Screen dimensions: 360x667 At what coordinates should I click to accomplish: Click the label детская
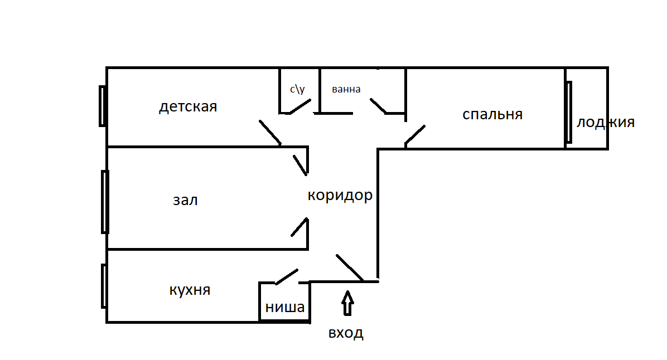(x=187, y=106)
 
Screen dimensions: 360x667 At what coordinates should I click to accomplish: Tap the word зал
(x=185, y=200)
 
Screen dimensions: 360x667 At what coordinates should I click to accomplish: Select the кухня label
(x=190, y=290)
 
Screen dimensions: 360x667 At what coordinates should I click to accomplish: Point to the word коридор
(x=340, y=196)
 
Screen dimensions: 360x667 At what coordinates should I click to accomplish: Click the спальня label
(x=492, y=114)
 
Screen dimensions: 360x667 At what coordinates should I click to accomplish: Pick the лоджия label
(x=605, y=123)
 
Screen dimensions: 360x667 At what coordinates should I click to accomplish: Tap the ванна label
(x=346, y=89)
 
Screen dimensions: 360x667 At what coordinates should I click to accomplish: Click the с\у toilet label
(x=297, y=89)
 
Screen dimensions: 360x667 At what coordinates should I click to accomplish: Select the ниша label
(x=284, y=307)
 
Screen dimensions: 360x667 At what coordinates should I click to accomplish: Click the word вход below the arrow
(x=346, y=333)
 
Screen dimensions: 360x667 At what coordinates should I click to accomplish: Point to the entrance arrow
(x=347, y=304)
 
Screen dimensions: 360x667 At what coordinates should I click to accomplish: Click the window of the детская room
(x=103, y=106)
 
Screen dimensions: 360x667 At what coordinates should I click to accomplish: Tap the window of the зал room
(x=104, y=201)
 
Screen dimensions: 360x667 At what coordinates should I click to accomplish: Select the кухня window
(x=104, y=286)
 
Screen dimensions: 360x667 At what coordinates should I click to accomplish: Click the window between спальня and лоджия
(x=568, y=112)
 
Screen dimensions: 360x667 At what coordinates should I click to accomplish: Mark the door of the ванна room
(x=378, y=106)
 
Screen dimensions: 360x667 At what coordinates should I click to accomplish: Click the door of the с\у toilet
(x=299, y=106)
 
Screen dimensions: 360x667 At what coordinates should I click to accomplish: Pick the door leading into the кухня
(x=285, y=276)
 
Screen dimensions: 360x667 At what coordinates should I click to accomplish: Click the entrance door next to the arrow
(x=350, y=267)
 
